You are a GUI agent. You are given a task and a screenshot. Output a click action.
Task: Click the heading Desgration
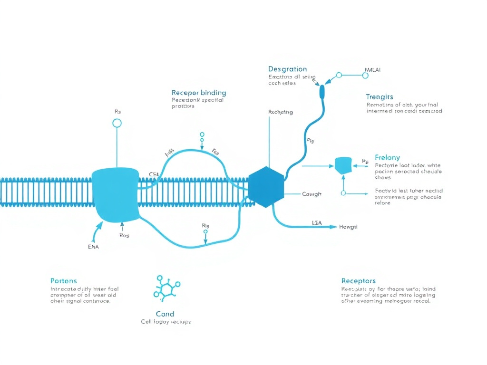tap(287, 69)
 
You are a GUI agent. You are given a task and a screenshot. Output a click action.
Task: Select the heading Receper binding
tap(199, 93)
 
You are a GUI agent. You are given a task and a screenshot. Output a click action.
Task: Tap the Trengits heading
tap(380, 97)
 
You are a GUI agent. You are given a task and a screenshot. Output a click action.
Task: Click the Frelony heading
tap(387, 157)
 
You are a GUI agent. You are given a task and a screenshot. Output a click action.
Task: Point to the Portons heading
tap(63, 281)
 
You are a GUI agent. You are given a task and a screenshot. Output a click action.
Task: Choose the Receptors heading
tap(358, 281)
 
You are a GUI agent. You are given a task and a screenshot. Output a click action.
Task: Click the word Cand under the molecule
tap(165, 314)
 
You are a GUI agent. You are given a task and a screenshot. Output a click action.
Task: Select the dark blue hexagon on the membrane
tap(266, 187)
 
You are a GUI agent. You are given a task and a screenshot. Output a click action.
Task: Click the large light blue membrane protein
tap(116, 194)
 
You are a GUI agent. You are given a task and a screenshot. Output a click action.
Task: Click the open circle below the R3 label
tap(117, 124)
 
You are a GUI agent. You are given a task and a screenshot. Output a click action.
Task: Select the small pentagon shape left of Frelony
tap(343, 165)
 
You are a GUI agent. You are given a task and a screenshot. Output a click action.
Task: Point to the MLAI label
tap(372, 70)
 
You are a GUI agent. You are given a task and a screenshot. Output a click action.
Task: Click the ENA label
tap(94, 247)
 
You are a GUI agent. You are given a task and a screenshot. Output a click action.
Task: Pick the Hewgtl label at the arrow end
tap(348, 227)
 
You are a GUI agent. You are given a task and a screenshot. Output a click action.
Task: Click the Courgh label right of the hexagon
tap(312, 194)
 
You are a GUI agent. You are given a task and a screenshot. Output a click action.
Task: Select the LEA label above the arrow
tap(317, 222)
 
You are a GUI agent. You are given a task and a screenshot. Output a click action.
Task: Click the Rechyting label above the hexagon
tap(281, 113)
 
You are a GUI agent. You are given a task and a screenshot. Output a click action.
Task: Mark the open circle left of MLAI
tap(339, 75)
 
